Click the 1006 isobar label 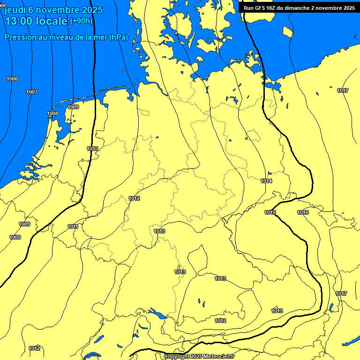point(12,79)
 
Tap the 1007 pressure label point(32,92)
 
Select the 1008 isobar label point(52,114)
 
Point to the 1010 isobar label point(92,149)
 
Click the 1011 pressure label point(73,227)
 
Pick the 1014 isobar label point(266,181)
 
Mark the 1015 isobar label point(270,213)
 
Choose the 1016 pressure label point(303,213)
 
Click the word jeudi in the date point(15,10)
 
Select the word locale point(54,21)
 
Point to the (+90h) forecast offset point(81,21)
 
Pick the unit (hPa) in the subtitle point(118,37)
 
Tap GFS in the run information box point(261,8)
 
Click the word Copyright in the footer point(176,357)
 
